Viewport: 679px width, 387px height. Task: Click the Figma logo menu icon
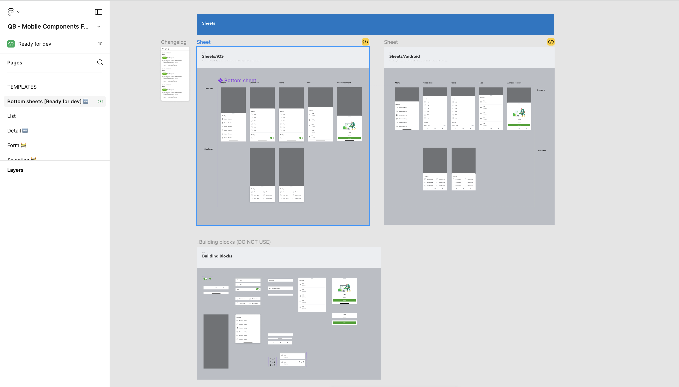11,12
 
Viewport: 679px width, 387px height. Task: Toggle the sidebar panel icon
99,12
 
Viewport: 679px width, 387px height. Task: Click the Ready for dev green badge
11,44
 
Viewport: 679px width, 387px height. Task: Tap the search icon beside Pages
100,62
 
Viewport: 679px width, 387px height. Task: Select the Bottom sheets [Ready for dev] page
44,101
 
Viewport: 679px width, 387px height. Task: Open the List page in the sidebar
11,116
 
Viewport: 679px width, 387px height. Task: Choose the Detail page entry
14,131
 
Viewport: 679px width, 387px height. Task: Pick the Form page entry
13,145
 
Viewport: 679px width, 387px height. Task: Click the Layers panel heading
15,170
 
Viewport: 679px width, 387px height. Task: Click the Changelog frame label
174,42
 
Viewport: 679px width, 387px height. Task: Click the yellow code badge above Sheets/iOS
365,42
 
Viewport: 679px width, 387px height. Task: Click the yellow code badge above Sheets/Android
551,42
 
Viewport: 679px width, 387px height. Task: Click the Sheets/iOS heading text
213,56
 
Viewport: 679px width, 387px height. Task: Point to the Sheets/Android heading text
404,56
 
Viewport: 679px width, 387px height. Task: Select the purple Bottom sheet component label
240,80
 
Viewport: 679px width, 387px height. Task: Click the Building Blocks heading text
217,256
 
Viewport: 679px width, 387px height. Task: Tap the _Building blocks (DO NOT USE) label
234,242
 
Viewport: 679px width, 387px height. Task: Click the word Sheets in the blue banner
208,23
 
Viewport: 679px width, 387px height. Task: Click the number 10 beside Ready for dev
100,44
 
